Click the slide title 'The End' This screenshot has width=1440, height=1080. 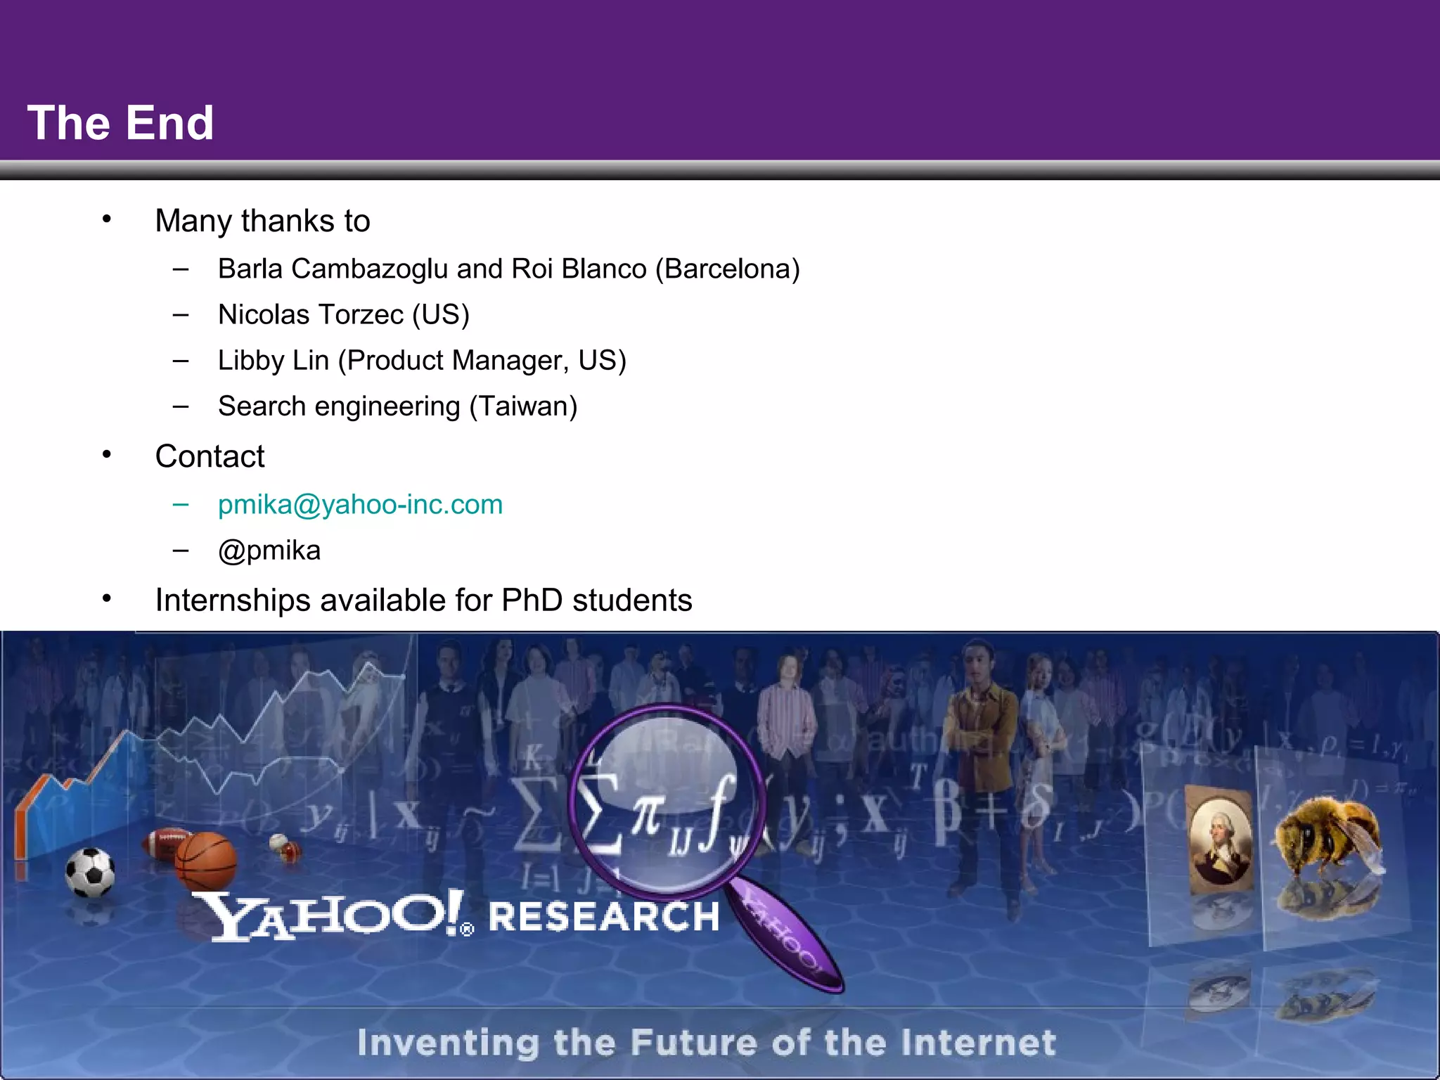(120, 123)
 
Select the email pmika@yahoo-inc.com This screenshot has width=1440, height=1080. (360, 505)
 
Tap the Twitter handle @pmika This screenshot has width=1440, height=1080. (269, 551)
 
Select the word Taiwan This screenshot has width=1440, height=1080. (523, 406)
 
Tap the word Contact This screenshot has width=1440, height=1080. (210, 456)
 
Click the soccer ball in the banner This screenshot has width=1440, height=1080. (90, 872)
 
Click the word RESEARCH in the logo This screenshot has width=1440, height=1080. (604, 917)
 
